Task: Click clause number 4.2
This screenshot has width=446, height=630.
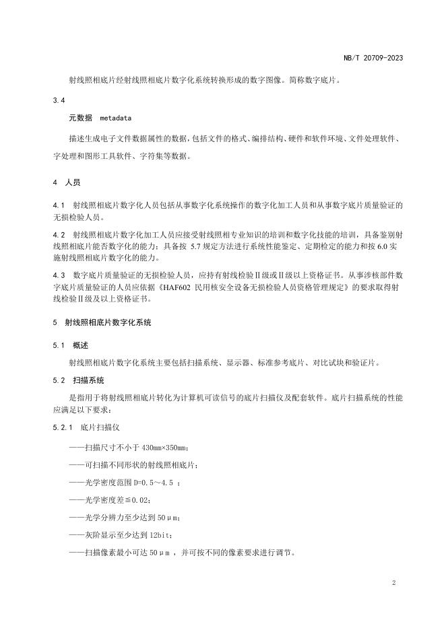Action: coord(58,234)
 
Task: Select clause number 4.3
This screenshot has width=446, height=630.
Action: coord(58,275)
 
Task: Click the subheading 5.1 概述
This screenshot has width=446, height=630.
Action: coord(70,345)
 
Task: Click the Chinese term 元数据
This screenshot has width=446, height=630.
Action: coord(81,118)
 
